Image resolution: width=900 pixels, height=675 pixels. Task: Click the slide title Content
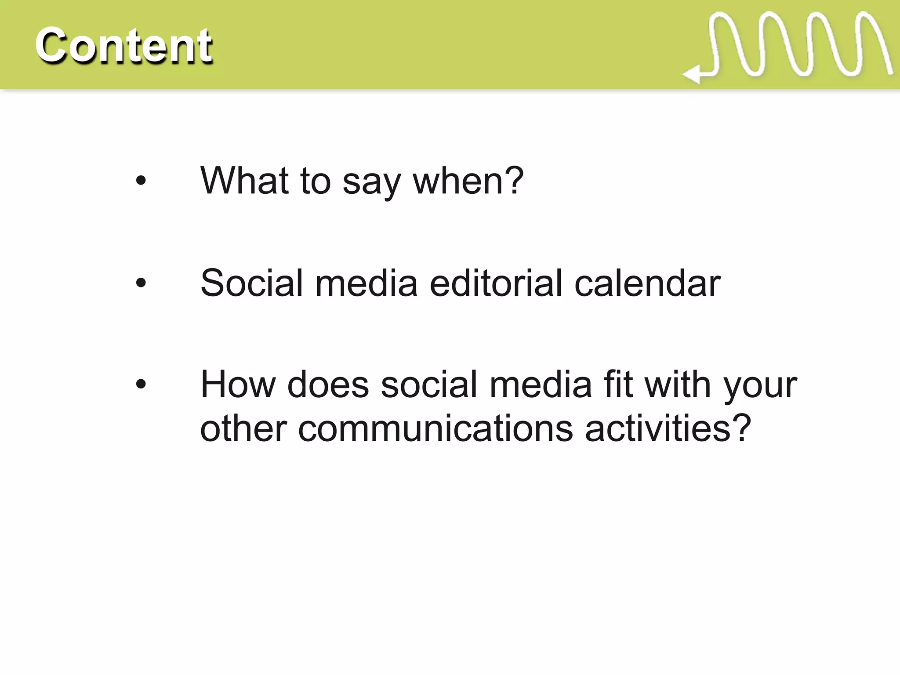click(x=123, y=45)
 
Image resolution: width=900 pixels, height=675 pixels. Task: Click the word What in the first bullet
click(x=244, y=181)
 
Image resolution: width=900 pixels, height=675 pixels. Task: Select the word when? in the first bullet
click(x=468, y=181)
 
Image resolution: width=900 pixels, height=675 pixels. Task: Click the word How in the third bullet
click(x=238, y=385)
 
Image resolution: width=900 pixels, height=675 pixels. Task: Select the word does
click(x=328, y=385)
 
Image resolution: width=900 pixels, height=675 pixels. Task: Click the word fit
click(x=618, y=385)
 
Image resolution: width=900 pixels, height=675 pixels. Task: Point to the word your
click(x=760, y=387)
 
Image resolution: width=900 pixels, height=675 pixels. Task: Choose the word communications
click(x=435, y=429)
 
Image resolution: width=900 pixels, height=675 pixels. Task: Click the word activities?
click(x=668, y=429)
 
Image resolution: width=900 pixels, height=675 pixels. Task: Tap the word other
click(x=243, y=429)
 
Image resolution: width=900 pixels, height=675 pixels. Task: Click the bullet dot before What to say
click(x=141, y=181)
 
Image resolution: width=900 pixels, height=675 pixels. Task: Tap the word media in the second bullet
click(x=366, y=283)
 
